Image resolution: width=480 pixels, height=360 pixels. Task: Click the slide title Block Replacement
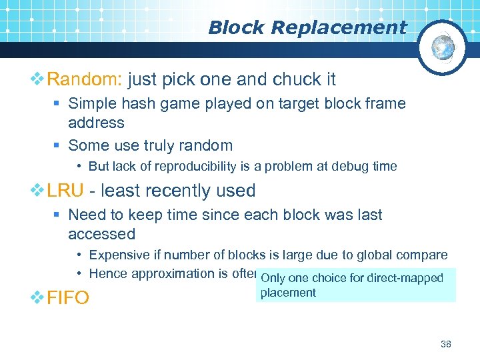click(x=307, y=27)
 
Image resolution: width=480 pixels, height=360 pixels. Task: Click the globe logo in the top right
click(x=443, y=47)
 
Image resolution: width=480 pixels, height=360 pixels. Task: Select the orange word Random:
click(x=83, y=80)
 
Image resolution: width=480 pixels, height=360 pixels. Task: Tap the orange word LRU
click(x=65, y=191)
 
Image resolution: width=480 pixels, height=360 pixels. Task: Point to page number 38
click(x=446, y=344)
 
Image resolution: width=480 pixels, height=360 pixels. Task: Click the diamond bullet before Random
click(x=38, y=80)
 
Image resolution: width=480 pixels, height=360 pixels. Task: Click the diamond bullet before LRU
click(x=38, y=191)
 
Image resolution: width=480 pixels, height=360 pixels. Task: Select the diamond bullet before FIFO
click(x=38, y=297)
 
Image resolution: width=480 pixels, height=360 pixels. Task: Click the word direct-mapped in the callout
click(x=406, y=278)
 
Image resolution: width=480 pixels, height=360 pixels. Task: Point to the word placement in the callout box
click(x=288, y=292)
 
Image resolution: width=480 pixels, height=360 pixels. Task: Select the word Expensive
click(x=118, y=255)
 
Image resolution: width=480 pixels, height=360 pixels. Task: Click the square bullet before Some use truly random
click(x=59, y=145)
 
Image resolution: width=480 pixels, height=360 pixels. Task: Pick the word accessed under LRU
click(x=101, y=234)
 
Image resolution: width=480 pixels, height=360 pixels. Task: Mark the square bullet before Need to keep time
click(x=59, y=215)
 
